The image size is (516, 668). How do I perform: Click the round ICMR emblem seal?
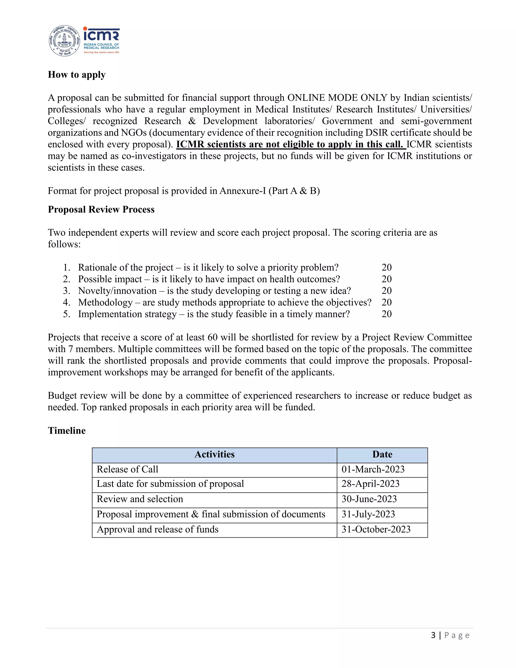(64, 41)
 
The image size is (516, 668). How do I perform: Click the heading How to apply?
(77, 75)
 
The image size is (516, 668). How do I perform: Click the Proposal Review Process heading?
(101, 209)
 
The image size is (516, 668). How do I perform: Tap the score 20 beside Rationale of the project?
(386, 267)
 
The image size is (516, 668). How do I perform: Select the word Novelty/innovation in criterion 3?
(117, 291)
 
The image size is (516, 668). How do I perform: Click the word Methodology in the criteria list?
(106, 302)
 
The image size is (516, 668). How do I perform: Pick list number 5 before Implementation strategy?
(66, 314)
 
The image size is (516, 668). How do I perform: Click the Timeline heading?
(67, 431)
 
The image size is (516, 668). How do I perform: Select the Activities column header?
(215, 454)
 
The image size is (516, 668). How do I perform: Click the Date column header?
(382, 454)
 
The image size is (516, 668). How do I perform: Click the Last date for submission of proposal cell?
(170, 484)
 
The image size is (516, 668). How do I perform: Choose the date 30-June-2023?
(369, 499)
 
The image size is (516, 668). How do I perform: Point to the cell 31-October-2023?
(376, 529)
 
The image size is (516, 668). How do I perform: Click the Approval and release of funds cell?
(158, 529)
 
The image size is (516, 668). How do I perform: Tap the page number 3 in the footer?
(433, 635)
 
